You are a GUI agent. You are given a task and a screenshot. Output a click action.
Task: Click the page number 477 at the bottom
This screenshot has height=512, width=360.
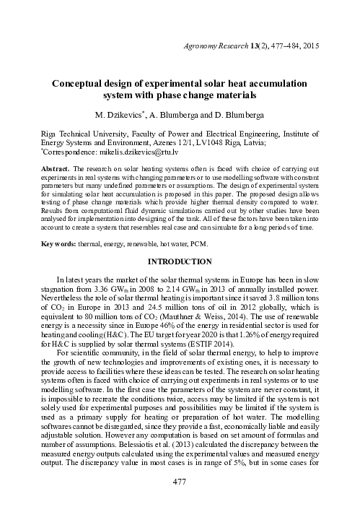coord(180,500)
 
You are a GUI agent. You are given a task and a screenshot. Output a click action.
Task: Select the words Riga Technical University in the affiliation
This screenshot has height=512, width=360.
coord(84,134)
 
